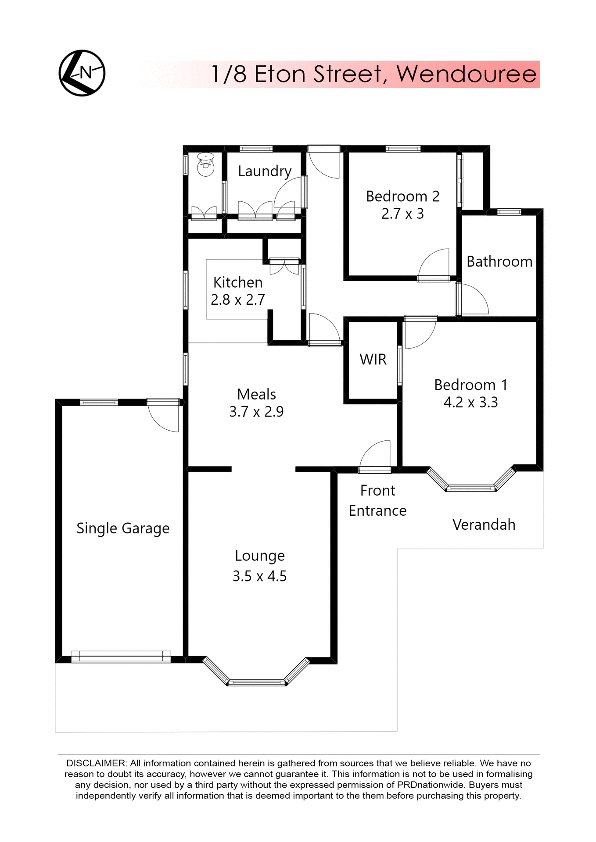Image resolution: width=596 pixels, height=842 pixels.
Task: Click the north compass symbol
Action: (82, 73)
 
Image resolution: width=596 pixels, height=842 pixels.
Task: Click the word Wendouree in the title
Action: (466, 74)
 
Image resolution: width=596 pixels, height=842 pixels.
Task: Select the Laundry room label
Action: (265, 171)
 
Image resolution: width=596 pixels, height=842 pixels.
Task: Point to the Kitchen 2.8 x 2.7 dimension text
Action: (238, 300)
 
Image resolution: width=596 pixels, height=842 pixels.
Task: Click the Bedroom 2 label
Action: (402, 196)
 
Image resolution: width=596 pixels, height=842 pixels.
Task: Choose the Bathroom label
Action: (499, 262)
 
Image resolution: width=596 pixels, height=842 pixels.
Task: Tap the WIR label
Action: (373, 360)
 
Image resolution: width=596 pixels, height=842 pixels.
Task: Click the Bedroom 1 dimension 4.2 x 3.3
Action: (470, 403)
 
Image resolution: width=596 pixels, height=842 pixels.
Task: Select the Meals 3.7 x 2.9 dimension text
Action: (256, 412)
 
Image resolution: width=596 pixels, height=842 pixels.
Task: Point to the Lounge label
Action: (260, 556)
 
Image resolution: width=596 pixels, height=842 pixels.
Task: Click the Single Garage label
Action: (123, 528)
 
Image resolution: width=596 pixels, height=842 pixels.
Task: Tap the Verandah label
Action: (484, 525)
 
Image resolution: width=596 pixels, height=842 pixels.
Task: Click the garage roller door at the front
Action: (121, 656)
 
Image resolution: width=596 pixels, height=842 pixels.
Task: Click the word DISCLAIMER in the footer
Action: (96, 764)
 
